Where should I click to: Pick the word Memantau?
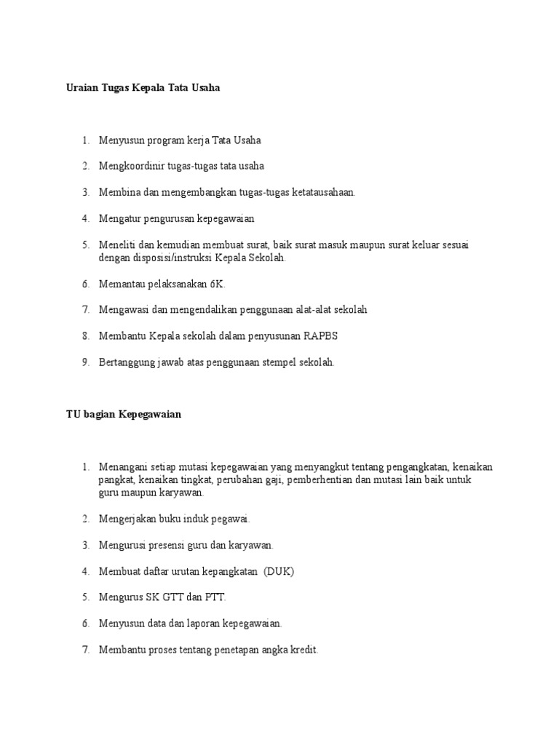119,284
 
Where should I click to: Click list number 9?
85,362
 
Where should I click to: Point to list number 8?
85,336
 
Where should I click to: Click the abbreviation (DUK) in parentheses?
279,571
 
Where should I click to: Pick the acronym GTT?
174,597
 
